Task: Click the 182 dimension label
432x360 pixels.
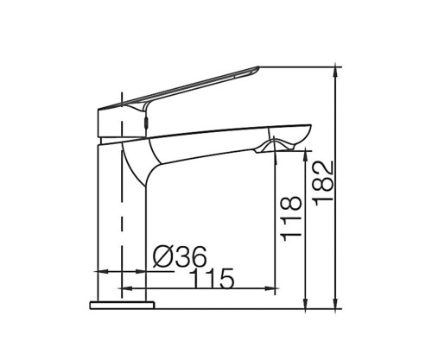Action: click(x=324, y=183)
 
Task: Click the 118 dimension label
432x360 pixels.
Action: click(x=292, y=218)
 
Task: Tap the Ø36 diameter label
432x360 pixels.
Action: click(x=180, y=256)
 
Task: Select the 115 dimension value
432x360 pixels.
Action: click(x=212, y=278)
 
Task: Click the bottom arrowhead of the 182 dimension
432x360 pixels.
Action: click(x=335, y=304)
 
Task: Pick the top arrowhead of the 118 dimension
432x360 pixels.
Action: click(x=305, y=155)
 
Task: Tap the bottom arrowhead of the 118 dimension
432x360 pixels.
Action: click(x=305, y=304)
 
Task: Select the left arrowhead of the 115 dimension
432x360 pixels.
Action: click(x=127, y=288)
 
